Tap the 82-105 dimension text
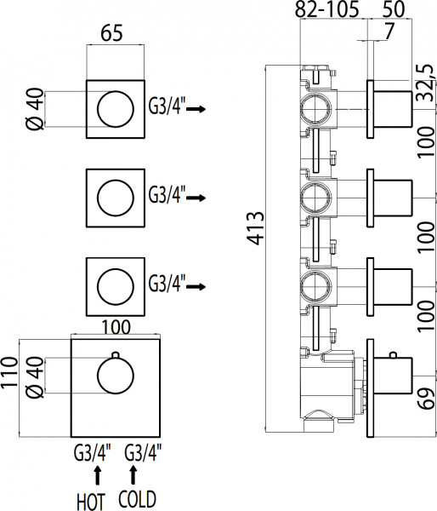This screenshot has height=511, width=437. click(x=327, y=11)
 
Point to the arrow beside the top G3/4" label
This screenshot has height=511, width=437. click(x=196, y=109)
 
